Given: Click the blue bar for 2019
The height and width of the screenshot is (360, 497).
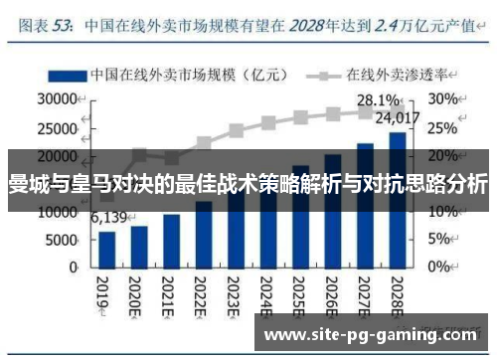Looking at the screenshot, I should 107,249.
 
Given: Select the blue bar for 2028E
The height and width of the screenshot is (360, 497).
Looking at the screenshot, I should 397,199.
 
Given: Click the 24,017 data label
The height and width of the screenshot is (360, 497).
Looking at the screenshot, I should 403,119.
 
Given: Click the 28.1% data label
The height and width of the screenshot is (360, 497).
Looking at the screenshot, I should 379,100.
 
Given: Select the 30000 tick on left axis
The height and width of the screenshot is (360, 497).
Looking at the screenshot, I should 58,99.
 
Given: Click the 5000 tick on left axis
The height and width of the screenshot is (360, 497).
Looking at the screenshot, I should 62,240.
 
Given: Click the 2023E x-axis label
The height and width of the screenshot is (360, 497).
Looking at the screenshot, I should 237,294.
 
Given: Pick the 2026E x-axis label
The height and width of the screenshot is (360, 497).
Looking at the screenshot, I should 333,294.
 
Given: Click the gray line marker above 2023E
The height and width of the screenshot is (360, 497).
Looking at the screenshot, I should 236,130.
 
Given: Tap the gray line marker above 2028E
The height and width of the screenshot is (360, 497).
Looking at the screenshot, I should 397,111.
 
